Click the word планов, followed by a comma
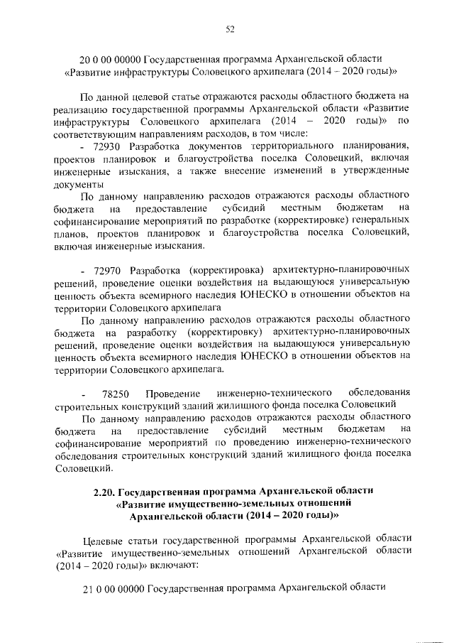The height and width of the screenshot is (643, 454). [x=72, y=233]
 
